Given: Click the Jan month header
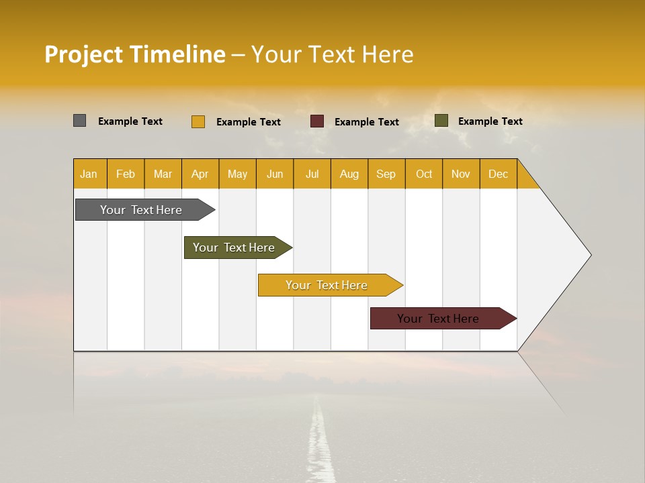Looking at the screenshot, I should tap(89, 174).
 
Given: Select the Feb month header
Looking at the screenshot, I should tap(126, 174).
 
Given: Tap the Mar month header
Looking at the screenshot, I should tap(163, 174).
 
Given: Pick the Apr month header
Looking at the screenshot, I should tap(200, 174).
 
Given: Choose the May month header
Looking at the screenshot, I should tap(237, 174).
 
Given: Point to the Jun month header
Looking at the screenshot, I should tap(275, 174).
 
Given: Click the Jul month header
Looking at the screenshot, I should tap(312, 174).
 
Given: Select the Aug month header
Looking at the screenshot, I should tap(349, 174).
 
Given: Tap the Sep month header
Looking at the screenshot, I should tap(386, 174).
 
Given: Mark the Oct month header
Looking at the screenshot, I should tap(424, 174).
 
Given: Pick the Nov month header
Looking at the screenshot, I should tap(461, 174).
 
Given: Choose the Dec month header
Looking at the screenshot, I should tap(499, 174).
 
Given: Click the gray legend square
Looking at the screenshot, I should tap(80, 121).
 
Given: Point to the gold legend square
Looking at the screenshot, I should tap(198, 121).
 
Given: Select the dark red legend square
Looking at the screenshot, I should tap(317, 121).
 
